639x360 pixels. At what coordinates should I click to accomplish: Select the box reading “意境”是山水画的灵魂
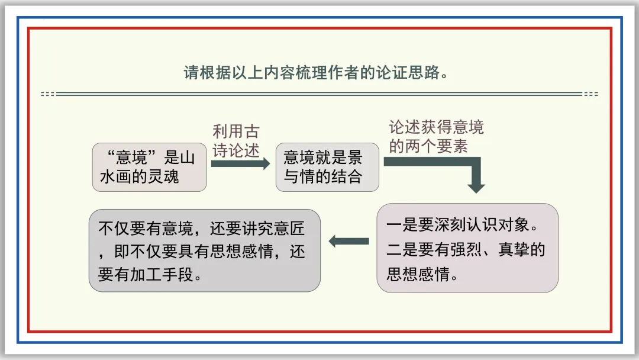coord(150,166)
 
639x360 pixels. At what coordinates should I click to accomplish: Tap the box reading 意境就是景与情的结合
coord(327,166)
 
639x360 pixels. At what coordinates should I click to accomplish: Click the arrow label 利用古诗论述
coord(236,141)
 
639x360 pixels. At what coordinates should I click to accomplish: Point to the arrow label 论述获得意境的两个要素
coord(436,137)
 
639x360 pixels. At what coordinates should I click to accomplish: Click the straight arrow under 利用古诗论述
coord(240,163)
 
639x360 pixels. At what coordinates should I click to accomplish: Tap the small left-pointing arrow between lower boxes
coord(348,241)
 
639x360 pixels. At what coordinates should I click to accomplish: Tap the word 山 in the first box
coord(186,157)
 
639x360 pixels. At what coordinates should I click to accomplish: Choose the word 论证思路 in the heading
coord(411,73)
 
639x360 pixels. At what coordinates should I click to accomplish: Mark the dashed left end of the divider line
coord(48,94)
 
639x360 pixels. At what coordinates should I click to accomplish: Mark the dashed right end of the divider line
coord(590,94)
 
